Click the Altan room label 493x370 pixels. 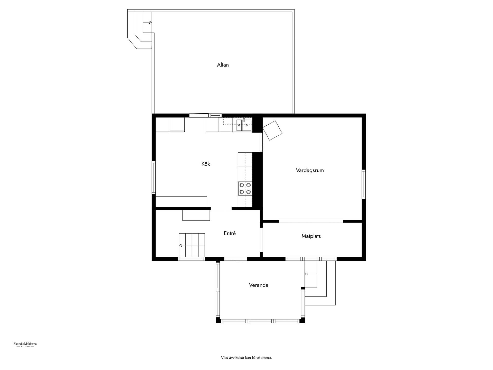[x=223, y=65]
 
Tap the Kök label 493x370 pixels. [x=206, y=164]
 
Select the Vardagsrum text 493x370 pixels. [x=310, y=170]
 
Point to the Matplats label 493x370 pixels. [x=311, y=236]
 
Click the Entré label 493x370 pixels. [x=230, y=233]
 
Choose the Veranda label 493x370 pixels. [x=258, y=285]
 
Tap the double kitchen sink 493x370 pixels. [x=244, y=125]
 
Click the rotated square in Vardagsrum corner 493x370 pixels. [x=272, y=130]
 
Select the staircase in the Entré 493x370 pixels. [x=192, y=245]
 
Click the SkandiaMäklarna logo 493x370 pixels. [x=25, y=345]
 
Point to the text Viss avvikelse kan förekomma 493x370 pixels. [x=246, y=357]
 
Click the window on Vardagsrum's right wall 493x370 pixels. [x=364, y=184]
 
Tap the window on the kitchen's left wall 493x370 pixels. [x=154, y=177]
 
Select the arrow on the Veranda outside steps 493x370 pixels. [x=311, y=274]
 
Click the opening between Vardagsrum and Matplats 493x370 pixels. [x=311, y=221]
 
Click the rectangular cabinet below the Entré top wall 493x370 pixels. [x=196, y=215]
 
